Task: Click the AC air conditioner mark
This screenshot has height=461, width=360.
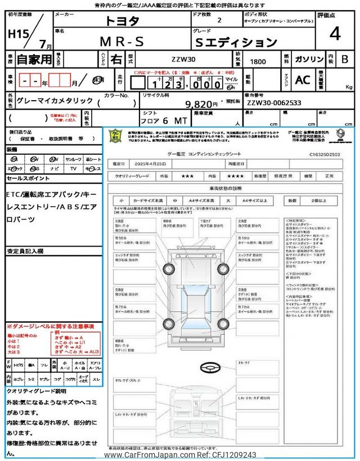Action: (303, 80)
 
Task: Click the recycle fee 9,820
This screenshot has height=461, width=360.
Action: (201, 104)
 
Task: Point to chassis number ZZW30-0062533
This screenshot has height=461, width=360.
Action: (274, 103)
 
